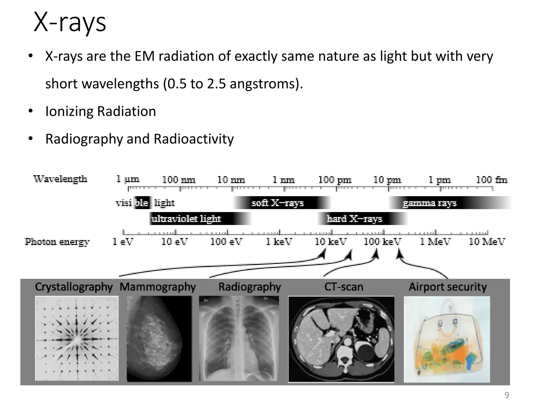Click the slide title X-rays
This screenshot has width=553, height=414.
click(x=70, y=23)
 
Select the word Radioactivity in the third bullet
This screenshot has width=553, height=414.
click(x=194, y=139)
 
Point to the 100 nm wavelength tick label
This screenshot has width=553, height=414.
click(x=178, y=180)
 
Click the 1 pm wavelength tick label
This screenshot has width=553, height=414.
click(x=439, y=180)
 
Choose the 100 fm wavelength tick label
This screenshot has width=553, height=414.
click(x=491, y=180)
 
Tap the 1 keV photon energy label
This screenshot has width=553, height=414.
click(x=279, y=242)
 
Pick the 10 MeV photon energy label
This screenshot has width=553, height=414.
click(x=487, y=242)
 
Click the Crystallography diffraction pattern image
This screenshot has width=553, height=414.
click(x=77, y=339)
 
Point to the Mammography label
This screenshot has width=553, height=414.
click(x=158, y=287)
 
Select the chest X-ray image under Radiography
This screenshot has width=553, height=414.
click(x=239, y=339)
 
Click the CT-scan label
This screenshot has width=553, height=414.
click(x=344, y=287)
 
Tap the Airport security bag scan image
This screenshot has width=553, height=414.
click(x=447, y=339)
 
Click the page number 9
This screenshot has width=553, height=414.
click(x=507, y=395)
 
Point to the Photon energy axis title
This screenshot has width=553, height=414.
click(x=57, y=242)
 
